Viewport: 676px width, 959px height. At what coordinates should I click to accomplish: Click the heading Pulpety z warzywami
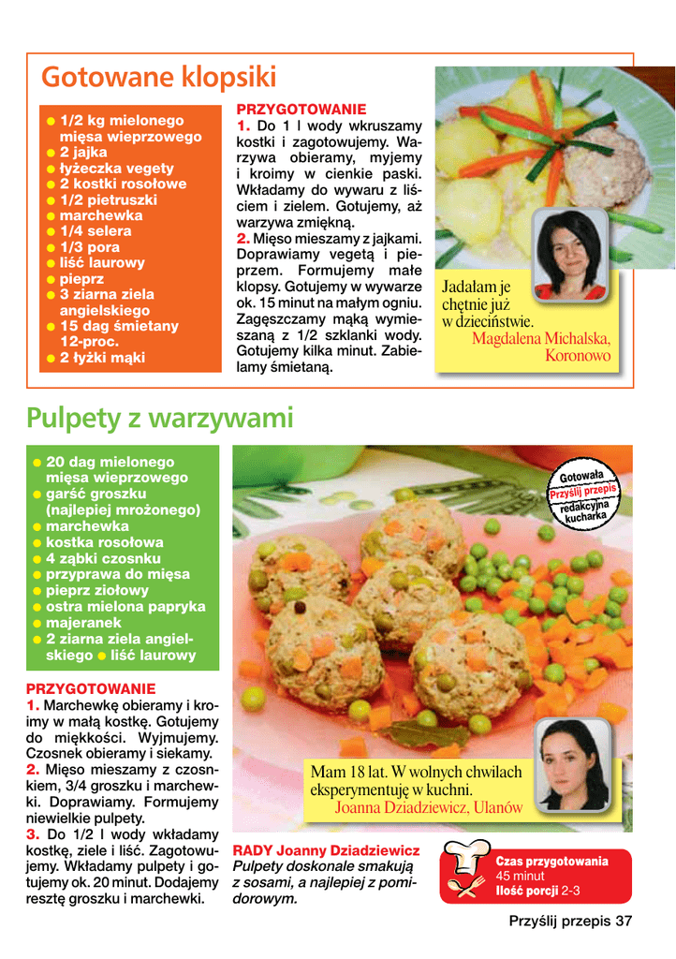(160, 417)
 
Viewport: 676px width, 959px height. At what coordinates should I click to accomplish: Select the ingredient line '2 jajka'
(83, 152)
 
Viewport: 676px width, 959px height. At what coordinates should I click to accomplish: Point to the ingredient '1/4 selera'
(96, 230)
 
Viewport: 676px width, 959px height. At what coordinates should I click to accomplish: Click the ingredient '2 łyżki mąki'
(102, 358)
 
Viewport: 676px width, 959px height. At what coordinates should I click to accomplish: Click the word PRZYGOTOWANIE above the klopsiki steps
(301, 110)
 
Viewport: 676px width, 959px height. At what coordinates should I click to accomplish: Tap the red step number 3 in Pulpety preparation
(32, 834)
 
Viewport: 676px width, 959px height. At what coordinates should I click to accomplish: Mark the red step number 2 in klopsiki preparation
(242, 239)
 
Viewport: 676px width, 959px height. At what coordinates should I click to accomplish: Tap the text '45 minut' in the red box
(520, 877)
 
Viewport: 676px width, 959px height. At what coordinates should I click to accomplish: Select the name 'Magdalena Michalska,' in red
(540, 339)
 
